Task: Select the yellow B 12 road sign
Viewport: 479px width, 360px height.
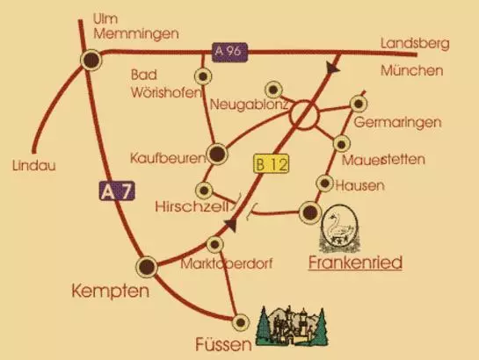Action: pyautogui.click(x=270, y=162)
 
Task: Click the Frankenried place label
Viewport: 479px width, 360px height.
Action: pyautogui.click(x=356, y=261)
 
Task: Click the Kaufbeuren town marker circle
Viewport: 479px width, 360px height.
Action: pyautogui.click(x=216, y=155)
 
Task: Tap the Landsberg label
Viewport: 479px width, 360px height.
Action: pyautogui.click(x=415, y=43)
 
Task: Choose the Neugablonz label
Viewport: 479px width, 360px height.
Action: pyautogui.click(x=245, y=105)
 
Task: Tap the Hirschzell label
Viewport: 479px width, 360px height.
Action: pyautogui.click(x=192, y=207)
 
